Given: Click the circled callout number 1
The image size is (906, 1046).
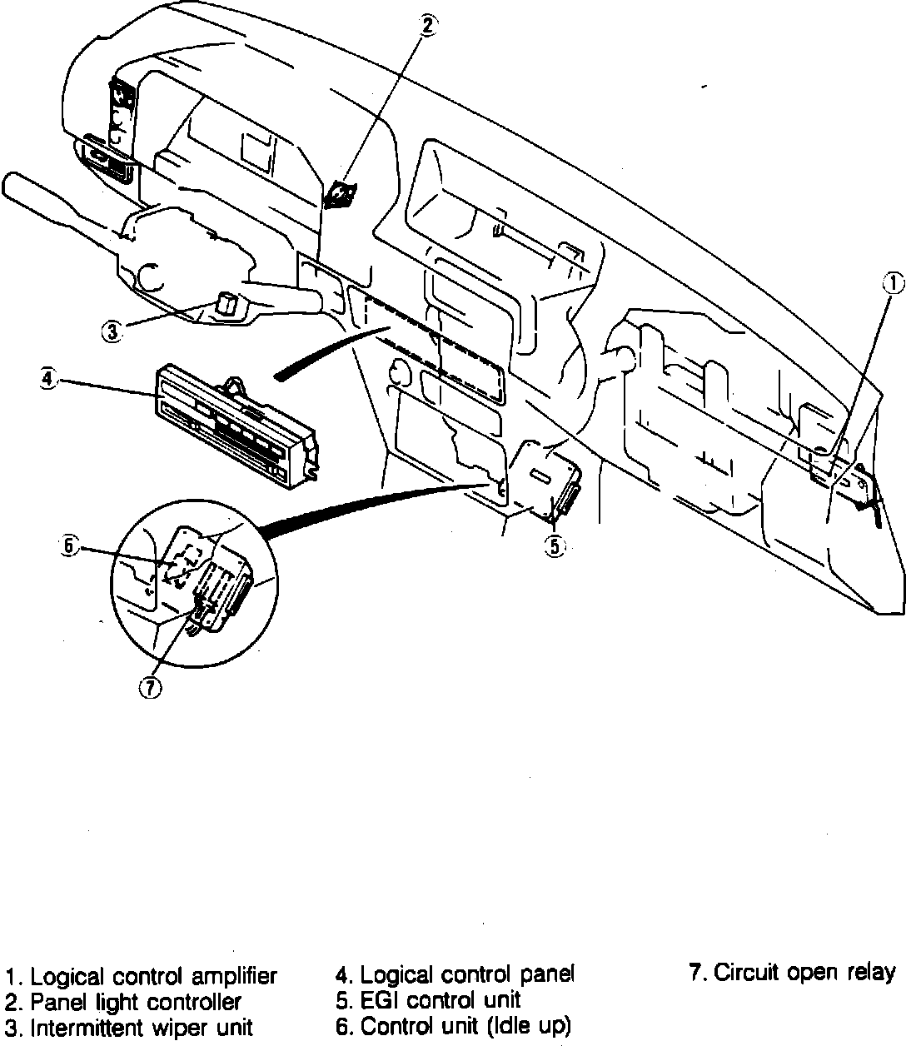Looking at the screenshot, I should coord(892,283).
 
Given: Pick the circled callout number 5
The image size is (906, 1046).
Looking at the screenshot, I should coord(555,546).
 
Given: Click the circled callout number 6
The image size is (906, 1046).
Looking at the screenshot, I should coord(70,546).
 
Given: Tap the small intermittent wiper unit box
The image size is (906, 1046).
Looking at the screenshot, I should coord(226,303).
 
